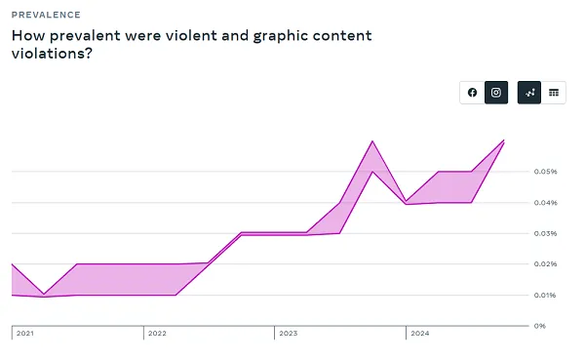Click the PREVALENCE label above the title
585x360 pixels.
[x=46, y=16]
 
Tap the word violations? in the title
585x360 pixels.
[x=53, y=55]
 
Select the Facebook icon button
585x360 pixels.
[x=473, y=93]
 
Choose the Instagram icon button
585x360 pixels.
[x=496, y=93]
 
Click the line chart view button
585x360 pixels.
[x=529, y=93]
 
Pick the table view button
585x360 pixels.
[x=554, y=93]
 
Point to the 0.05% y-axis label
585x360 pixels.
[x=545, y=172]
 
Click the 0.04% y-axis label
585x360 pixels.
[x=545, y=203]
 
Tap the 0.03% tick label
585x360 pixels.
[x=545, y=233]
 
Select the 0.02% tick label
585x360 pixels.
[x=545, y=264]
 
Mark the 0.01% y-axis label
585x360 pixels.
[x=545, y=295]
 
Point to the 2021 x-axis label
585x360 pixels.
[x=25, y=334]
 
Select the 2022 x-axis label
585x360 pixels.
[x=156, y=334]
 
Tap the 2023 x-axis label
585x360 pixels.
[x=288, y=334]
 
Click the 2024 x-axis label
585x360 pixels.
[x=419, y=334]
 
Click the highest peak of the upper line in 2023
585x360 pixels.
[x=372, y=141]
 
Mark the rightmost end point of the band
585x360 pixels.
[x=504, y=141]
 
